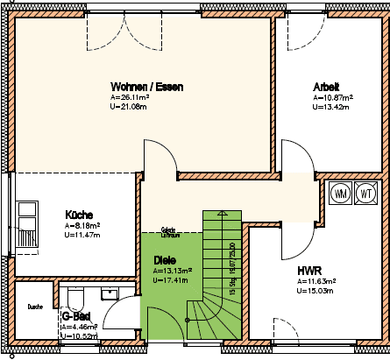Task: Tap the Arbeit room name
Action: pos(327,86)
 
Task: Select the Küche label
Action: pos(80,214)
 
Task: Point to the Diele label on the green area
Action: pos(164,260)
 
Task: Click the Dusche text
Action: pos(35,307)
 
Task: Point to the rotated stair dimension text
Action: pos(231,267)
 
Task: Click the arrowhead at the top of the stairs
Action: pos(221,213)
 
